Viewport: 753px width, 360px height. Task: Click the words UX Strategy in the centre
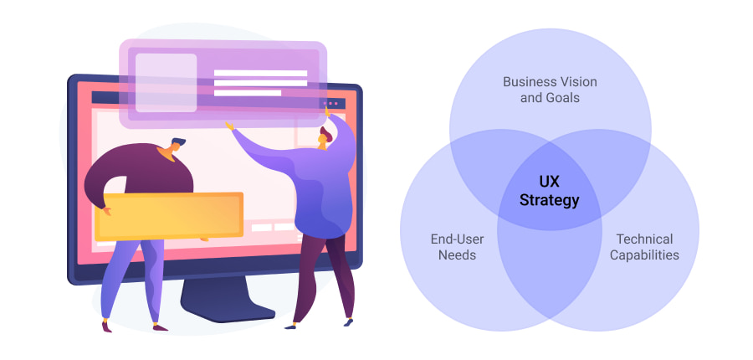(549, 192)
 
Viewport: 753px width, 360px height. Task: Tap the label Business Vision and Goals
(550, 90)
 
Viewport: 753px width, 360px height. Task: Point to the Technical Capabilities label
(643, 247)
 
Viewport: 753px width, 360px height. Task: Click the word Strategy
(549, 201)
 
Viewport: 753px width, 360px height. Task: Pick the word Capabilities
(643, 255)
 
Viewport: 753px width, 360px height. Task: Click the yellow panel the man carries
(171, 215)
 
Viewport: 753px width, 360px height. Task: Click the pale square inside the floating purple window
(166, 83)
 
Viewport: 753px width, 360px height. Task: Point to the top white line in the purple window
(260, 73)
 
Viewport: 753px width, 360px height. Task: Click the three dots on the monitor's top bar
(331, 104)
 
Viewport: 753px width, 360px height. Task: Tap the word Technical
(643, 239)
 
